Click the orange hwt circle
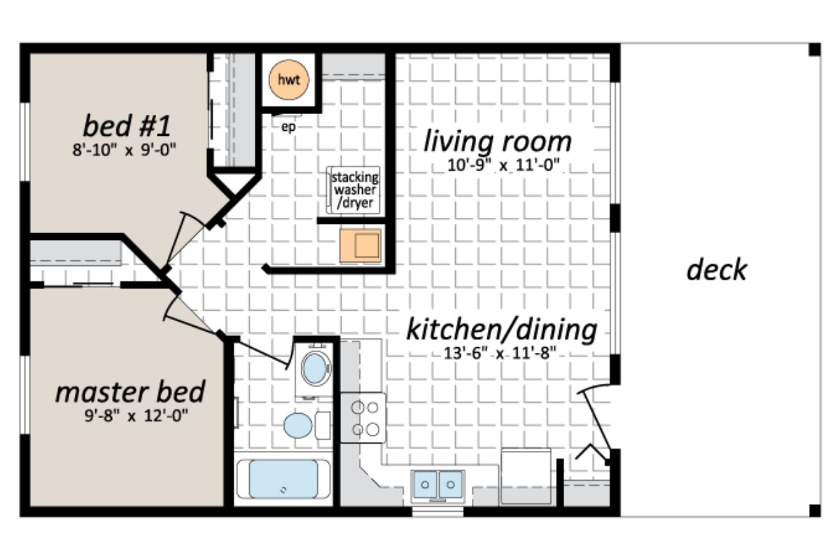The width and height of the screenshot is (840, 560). (288, 80)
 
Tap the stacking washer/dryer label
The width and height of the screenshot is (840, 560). (354, 190)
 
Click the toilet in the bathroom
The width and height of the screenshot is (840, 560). (300, 425)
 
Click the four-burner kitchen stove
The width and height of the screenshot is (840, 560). (363, 417)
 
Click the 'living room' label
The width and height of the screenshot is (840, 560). (497, 141)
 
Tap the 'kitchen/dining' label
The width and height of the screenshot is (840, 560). (501, 329)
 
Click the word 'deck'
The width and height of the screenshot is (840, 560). (716, 269)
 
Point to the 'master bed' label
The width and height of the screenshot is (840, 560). (130, 391)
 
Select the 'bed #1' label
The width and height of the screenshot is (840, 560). (127, 127)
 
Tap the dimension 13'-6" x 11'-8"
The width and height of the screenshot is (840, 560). (496, 353)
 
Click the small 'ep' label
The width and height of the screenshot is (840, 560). (287, 127)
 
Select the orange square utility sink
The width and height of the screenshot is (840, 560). (360, 245)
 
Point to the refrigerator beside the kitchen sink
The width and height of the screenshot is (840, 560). (526, 476)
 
